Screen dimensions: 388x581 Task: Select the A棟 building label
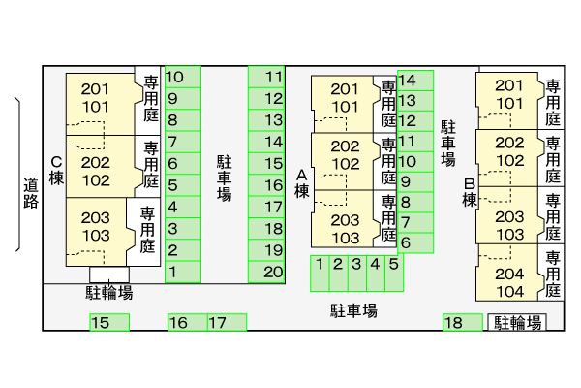(301, 183)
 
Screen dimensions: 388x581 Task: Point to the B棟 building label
(469, 192)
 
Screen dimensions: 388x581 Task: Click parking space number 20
(273, 272)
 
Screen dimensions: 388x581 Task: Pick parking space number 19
(273, 250)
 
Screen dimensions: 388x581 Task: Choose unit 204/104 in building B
(509, 282)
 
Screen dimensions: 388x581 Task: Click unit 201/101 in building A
(345, 98)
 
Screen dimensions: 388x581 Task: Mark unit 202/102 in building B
(509, 152)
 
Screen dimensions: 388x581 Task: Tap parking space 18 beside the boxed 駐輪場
(452, 323)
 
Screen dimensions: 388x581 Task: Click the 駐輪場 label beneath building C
(109, 292)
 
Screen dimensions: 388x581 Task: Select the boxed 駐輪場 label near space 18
(516, 323)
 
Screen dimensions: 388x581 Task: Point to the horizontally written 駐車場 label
(353, 311)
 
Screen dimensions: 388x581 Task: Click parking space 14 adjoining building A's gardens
(408, 81)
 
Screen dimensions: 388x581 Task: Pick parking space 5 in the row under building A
(394, 264)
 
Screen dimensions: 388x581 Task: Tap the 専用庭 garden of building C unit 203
(147, 230)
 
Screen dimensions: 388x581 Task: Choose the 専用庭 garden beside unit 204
(553, 274)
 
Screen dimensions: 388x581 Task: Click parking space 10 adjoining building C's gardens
(175, 77)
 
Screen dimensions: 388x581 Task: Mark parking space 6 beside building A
(407, 242)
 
